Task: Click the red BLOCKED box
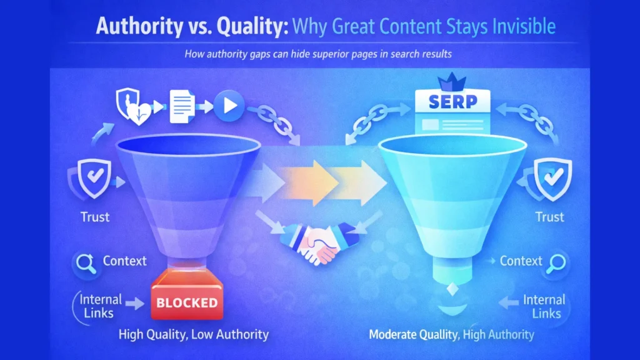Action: pos(187,303)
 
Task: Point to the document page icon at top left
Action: pos(182,107)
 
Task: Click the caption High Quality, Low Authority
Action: pos(194,334)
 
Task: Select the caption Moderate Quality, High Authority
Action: pos(451,334)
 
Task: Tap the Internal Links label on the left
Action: pos(100,306)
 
